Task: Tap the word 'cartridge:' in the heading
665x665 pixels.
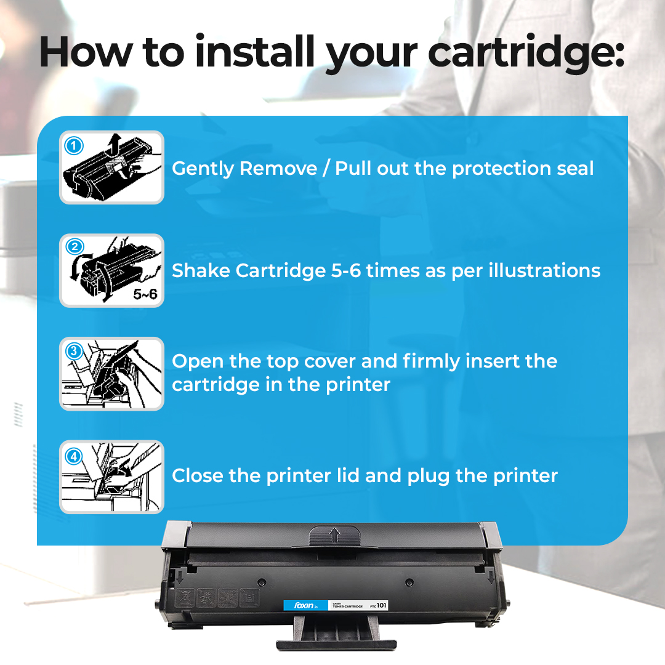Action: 526,52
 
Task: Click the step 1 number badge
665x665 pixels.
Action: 74,146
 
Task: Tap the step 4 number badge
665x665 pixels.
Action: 74,456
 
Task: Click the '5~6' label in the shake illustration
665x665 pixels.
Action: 145,294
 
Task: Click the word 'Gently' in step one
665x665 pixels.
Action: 203,169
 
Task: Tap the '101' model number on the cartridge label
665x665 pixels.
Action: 382,605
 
